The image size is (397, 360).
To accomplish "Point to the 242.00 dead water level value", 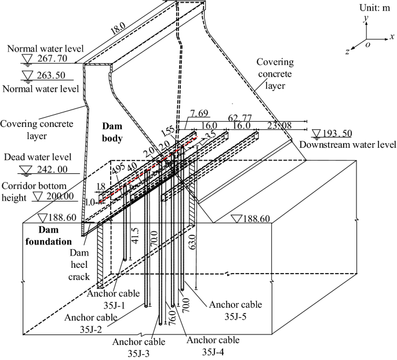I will click(x=52, y=169).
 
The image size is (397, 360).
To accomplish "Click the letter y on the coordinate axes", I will click(x=366, y=19).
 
